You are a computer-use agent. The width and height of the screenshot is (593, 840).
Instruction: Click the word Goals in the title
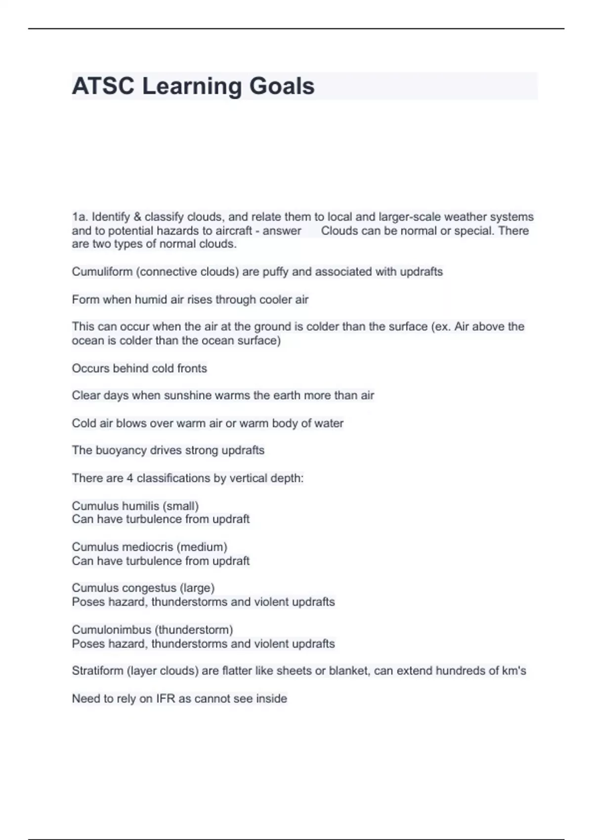282,86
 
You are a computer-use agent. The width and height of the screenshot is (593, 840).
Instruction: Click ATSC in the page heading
103,86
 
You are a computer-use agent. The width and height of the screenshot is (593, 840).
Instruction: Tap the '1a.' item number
80,217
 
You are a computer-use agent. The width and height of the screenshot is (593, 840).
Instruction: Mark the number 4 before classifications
130,478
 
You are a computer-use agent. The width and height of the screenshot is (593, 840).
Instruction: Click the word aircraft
234,231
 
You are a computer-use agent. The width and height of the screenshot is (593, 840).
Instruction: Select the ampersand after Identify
137,217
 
